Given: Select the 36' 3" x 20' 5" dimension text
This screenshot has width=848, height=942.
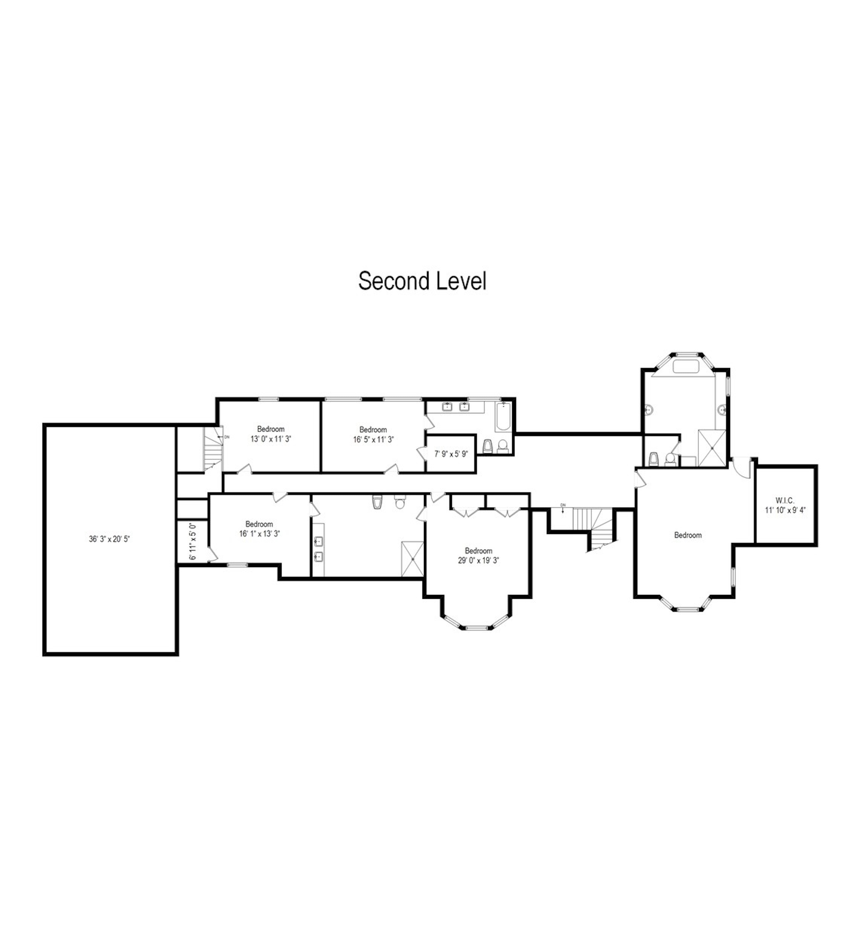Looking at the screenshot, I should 110,539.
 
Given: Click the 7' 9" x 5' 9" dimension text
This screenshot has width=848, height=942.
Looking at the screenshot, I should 451,454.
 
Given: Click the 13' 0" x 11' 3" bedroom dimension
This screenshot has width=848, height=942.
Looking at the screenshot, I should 271,439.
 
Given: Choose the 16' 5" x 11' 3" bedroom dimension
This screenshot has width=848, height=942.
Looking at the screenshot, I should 373,439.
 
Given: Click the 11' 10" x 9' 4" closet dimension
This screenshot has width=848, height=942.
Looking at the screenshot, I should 785,510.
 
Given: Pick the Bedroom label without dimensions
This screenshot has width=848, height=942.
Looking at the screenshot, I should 688,535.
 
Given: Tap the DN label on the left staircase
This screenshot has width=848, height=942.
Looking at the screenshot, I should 227,437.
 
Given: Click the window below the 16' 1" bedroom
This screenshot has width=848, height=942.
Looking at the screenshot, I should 237,565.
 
